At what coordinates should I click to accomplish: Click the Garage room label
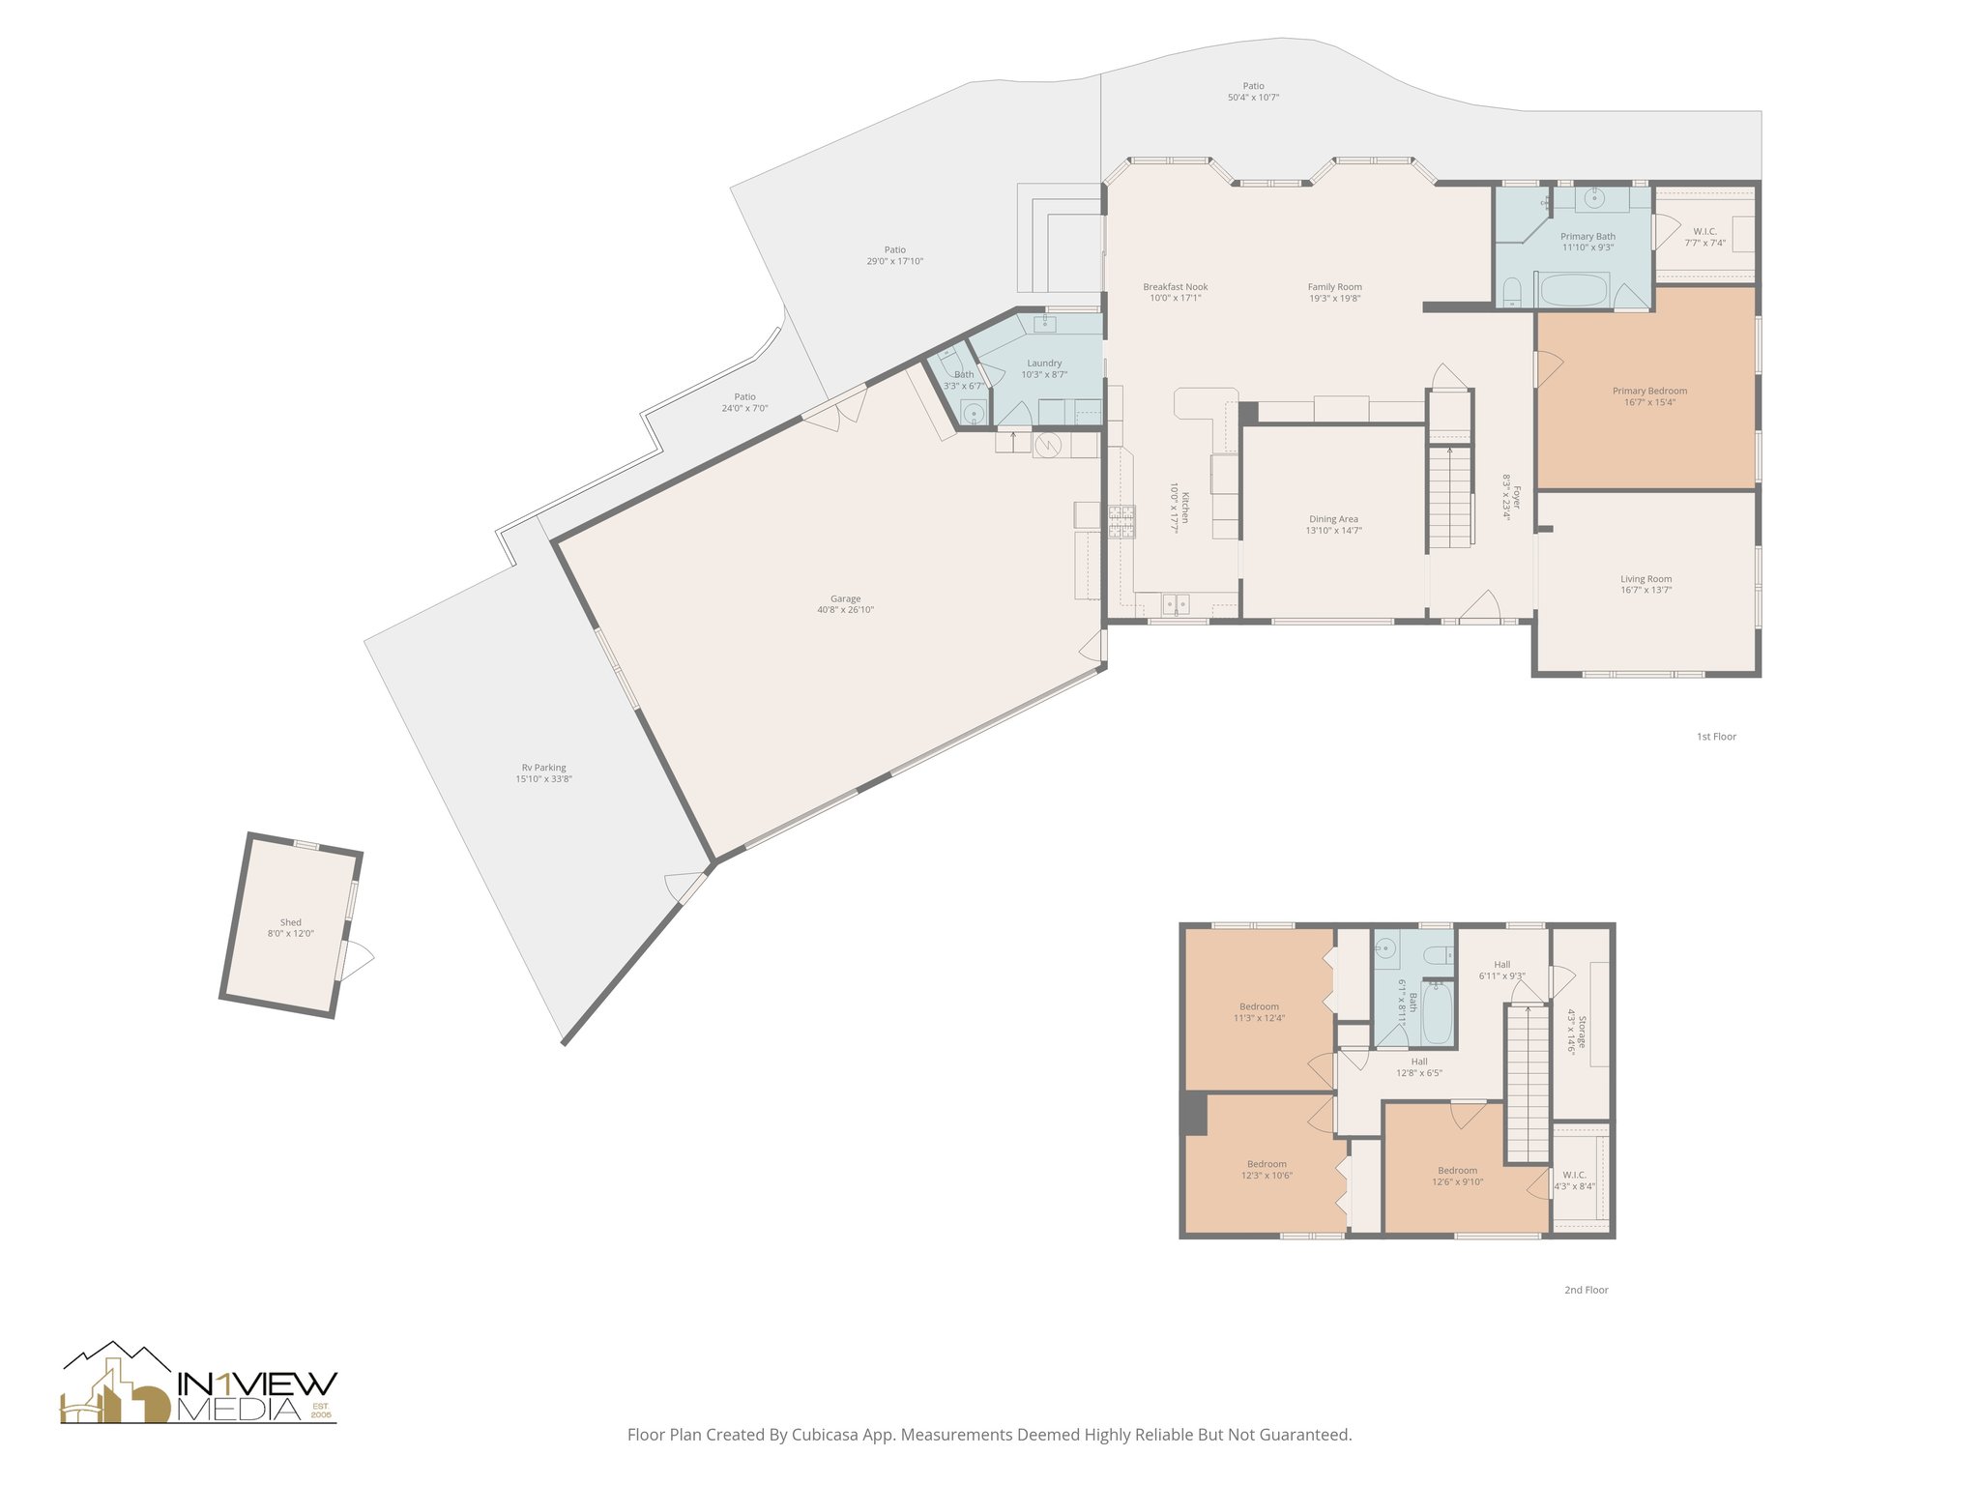tap(845, 599)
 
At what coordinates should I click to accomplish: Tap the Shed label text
tap(290, 922)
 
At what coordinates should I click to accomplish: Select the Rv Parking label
tap(543, 768)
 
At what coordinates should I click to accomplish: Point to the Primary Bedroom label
tap(1649, 392)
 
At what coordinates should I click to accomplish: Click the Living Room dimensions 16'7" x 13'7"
tap(1645, 590)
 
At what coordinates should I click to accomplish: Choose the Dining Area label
tap(1333, 519)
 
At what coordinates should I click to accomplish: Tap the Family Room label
tap(1334, 287)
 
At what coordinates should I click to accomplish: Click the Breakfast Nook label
tap(1175, 287)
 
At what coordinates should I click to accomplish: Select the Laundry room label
tap(1044, 364)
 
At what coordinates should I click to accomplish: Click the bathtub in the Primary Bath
tap(1573, 289)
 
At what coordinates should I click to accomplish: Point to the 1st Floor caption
tap(1716, 737)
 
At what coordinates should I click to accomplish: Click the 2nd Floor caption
tap(1586, 1290)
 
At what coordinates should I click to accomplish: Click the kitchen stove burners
tap(1121, 521)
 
